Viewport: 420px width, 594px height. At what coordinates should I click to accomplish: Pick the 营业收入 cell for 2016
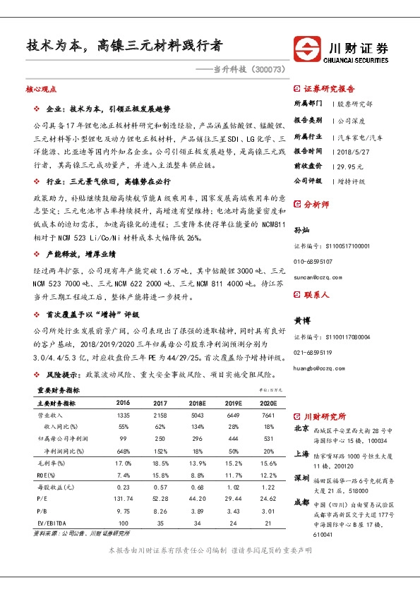(124, 416)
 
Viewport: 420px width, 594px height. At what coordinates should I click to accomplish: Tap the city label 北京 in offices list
(301, 428)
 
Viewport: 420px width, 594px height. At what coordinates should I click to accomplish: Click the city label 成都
(301, 502)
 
